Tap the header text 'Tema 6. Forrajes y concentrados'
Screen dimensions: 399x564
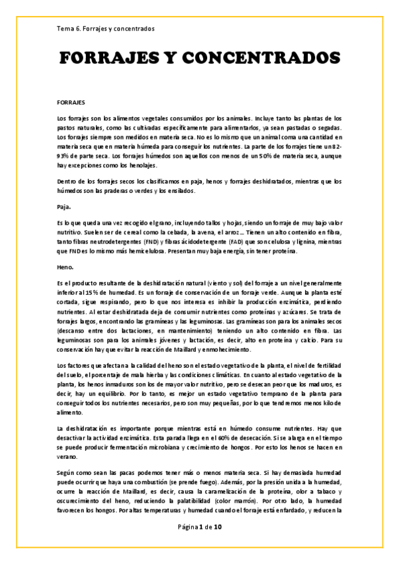coord(106,29)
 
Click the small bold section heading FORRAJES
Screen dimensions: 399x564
coord(71,104)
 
